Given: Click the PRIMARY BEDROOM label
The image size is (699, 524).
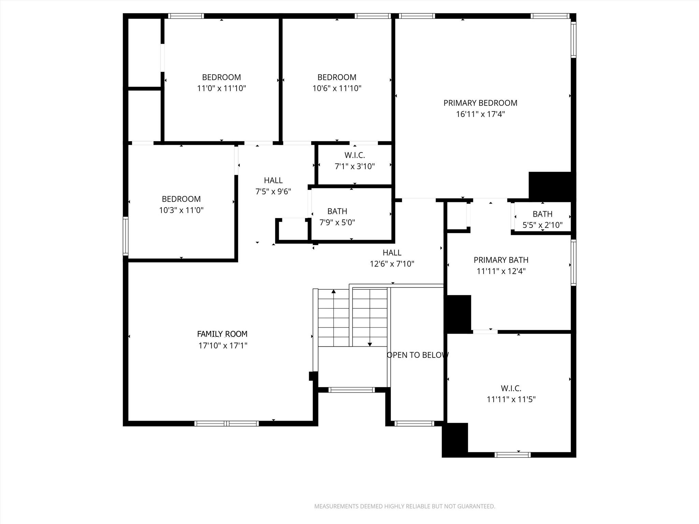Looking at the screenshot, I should pyautogui.click(x=480, y=103).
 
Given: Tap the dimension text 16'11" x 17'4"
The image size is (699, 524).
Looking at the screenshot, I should pyautogui.click(x=480, y=114).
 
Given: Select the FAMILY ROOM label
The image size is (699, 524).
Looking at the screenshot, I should pyautogui.click(x=222, y=334).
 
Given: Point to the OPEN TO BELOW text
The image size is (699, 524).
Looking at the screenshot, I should pyautogui.click(x=417, y=355).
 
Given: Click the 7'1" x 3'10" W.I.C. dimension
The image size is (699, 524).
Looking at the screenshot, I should pyautogui.click(x=355, y=166).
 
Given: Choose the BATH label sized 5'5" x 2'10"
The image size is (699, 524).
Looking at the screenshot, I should pyautogui.click(x=542, y=214).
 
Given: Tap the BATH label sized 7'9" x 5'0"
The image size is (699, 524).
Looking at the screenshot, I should pyautogui.click(x=337, y=211).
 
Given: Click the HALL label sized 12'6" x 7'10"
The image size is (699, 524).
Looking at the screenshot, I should pyautogui.click(x=392, y=253).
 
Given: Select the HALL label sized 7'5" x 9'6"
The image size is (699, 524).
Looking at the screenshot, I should pyautogui.click(x=273, y=180).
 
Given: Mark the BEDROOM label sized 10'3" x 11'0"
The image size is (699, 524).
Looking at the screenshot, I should pyautogui.click(x=181, y=199).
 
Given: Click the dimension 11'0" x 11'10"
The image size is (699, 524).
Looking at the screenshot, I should pyautogui.click(x=222, y=88).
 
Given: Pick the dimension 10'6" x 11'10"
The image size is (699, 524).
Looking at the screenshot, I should pyautogui.click(x=337, y=88).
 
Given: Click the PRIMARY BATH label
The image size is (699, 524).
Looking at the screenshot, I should pyautogui.click(x=501, y=260).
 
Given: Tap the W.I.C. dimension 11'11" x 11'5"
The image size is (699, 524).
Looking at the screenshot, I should pyautogui.click(x=511, y=399).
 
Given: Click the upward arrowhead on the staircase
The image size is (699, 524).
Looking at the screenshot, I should pyautogui.click(x=333, y=291).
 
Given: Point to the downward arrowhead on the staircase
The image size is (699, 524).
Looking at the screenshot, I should pyautogui.click(x=370, y=345).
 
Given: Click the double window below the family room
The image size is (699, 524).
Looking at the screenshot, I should pyautogui.click(x=227, y=424).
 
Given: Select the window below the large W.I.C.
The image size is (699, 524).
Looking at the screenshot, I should pyautogui.click(x=513, y=455).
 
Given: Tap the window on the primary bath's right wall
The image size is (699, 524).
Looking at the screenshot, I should pyautogui.click(x=574, y=262).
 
